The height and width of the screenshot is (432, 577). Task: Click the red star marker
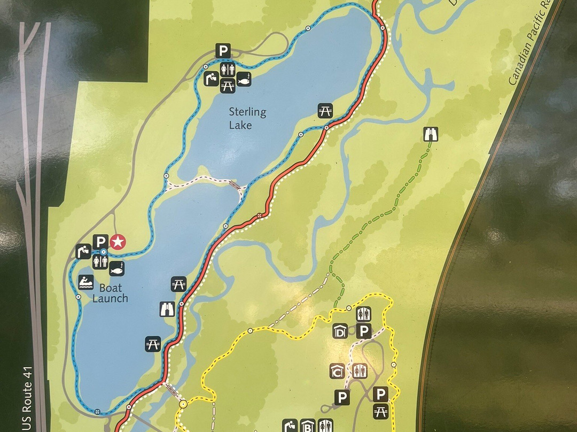click(x=118, y=242)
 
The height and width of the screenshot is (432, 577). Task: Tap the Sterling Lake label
click(x=247, y=118)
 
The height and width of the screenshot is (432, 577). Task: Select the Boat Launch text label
click(x=110, y=293)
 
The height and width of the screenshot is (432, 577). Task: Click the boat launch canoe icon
click(x=85, y=282)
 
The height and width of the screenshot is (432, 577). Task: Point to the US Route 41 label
click(x=27, y=398)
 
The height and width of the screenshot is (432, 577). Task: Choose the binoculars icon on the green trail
click(x=430, y=134)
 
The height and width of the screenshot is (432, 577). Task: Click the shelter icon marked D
click(x=340, y=331)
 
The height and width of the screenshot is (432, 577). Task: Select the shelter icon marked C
click(x=337, y=371)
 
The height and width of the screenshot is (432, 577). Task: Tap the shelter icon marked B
click(x=307, y=426)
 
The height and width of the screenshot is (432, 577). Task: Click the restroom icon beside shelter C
click(x=358, y=371)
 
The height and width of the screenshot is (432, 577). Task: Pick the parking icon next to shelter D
click(x=364, y=331)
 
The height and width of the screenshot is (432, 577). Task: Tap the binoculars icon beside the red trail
click(x=167, y=309)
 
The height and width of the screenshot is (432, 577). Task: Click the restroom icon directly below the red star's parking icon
click(x=100, y=261)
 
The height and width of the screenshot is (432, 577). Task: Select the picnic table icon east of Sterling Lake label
click(x=325, y=111)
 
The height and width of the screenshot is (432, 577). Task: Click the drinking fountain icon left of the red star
click(x=83, y=251)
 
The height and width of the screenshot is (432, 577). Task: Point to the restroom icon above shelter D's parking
click(x=364, y=313)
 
